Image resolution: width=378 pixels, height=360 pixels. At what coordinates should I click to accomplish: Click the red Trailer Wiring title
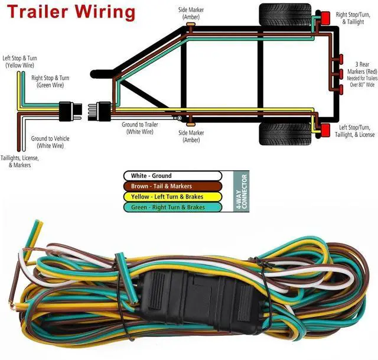70,11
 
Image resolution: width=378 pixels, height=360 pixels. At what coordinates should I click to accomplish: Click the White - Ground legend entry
172,176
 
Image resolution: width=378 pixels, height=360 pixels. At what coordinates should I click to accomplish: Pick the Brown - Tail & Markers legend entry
172,186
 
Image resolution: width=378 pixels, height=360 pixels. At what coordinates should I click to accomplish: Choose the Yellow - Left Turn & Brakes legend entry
172,197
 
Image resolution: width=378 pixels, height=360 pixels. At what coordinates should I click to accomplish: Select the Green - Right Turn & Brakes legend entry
172,207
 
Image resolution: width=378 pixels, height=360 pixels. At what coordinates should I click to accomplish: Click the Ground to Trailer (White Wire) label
139,128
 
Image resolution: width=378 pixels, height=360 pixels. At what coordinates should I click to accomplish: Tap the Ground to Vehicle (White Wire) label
50,142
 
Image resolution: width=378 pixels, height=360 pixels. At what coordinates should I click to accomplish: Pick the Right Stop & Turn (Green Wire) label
50,81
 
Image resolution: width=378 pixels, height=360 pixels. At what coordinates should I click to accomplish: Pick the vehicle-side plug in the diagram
67,110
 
